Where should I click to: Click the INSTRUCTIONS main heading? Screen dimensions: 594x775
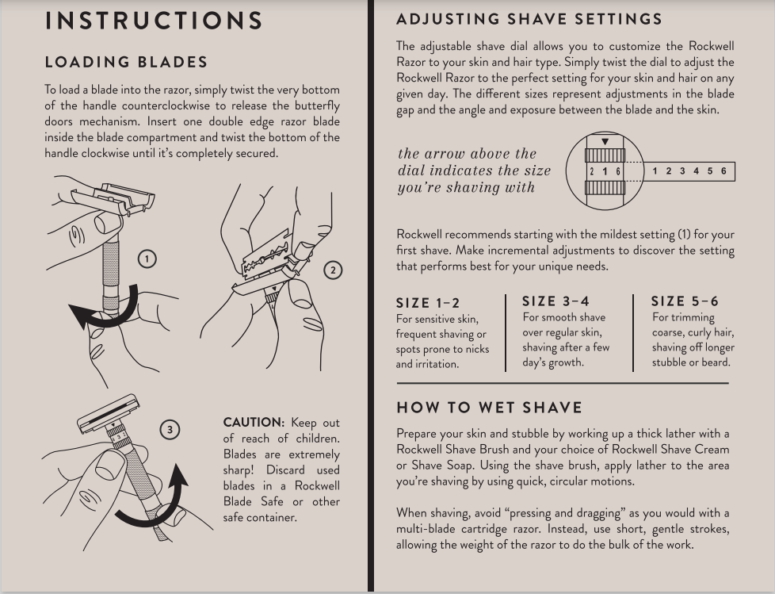tap(154, 21)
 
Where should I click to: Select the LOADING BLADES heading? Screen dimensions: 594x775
tap(126, 62)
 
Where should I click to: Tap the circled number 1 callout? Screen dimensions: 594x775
tap(147, 259)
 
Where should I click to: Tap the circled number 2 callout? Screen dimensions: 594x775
tap(333, 270)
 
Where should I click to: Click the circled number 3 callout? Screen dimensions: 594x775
tap(169, 430)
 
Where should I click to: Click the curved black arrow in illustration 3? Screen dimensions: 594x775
tap(158, 500)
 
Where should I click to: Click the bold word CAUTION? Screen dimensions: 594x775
tap(253, 423)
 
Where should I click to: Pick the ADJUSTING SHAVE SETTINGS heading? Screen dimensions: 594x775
tap(529, 19)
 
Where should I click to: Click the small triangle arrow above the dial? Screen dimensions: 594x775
tap(605, 142)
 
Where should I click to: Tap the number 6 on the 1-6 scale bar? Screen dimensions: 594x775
tap(723, 171)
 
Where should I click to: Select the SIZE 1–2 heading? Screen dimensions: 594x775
tap(427, 303)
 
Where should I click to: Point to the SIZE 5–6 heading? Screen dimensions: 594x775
tap(685, 301)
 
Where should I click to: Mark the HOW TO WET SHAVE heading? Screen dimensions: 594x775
tap(489, 408)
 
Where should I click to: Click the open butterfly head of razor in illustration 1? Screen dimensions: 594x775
tap(112, 197)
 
